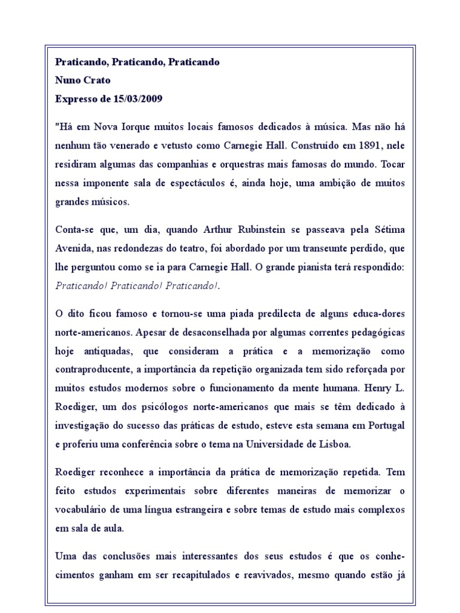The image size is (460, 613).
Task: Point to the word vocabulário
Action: point(81,510)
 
